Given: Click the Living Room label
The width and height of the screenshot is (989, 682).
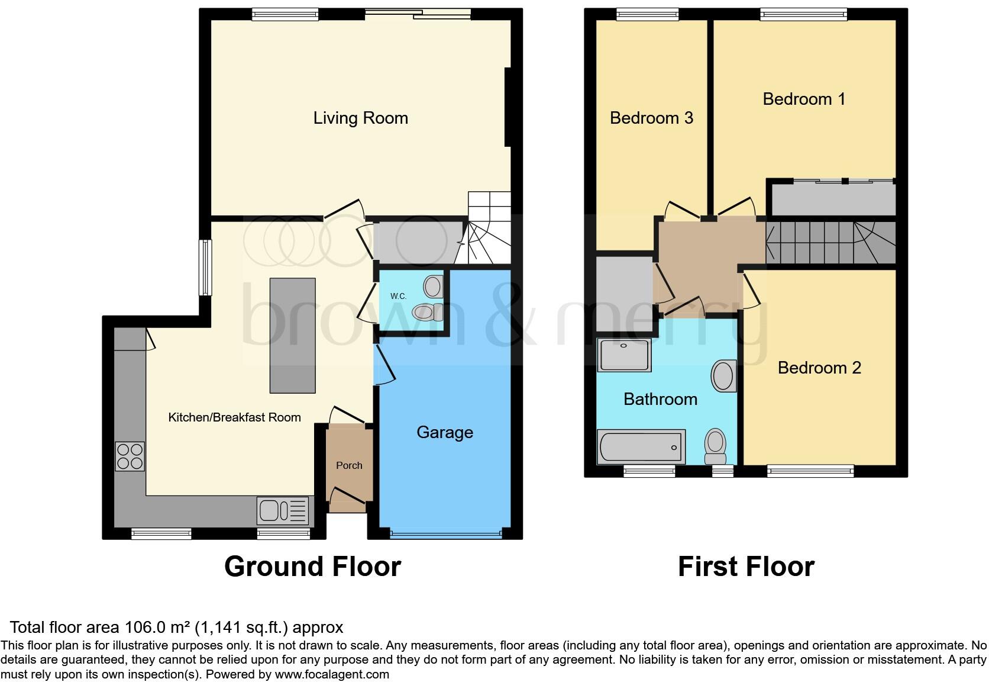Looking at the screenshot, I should click(360, 118).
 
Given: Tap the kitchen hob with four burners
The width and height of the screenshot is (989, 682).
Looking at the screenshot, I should click(130, 456).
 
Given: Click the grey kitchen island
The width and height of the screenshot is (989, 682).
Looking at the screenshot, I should click(292, 335).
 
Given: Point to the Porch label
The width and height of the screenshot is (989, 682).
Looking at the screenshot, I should click(349, 465).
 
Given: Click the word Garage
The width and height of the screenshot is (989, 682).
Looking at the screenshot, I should click(444, 432).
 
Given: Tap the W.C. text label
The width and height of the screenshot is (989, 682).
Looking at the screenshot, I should click(398, 296).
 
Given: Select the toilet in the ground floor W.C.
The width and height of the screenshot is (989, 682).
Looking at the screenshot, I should click(428, 312).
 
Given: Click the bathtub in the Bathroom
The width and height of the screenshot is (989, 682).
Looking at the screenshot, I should click(641, 447).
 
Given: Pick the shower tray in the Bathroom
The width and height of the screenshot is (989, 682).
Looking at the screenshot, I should click(623, 355).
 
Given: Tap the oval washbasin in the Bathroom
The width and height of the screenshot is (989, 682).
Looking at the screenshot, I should click(723, 376).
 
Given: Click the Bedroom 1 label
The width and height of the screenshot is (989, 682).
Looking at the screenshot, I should click(803, 99).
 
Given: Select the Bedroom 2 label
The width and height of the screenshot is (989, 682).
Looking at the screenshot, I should click(819, 368).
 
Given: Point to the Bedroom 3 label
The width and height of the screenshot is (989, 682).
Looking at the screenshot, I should click(651, 118).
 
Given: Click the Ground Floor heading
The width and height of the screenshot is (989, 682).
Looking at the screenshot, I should click(312, 567).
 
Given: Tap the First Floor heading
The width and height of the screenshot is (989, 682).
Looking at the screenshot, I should click(745, 567).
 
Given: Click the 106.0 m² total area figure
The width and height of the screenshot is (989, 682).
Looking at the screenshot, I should click(157, 628).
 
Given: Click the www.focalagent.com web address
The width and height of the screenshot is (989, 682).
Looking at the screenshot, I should click(331, 674).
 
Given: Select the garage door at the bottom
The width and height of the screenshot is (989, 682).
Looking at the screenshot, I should click(445, 535).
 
